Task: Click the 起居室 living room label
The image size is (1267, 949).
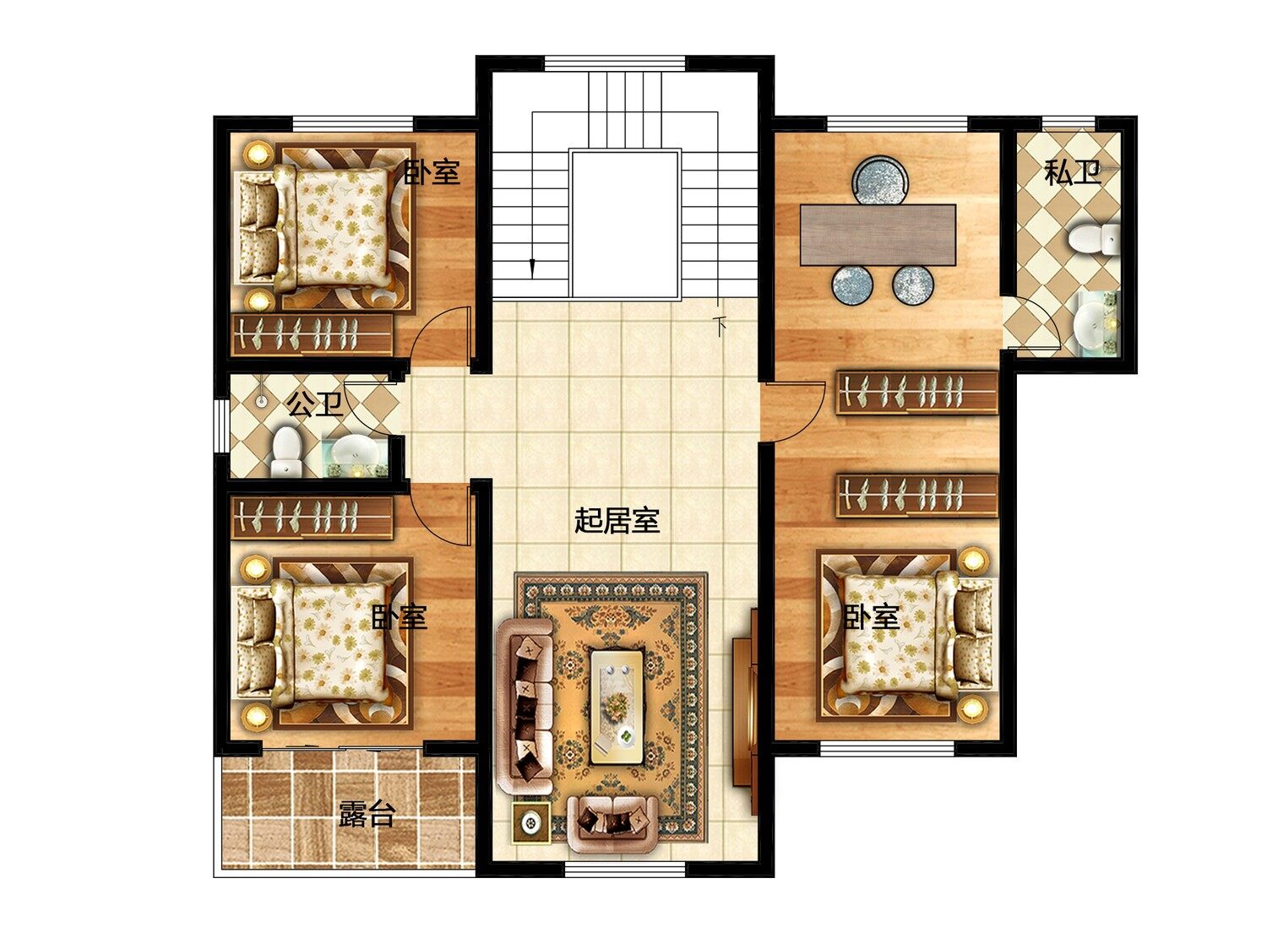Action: click(617, 522)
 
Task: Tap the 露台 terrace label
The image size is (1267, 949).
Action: click(367, 814)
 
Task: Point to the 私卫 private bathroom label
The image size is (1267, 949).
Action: click(1073, 171)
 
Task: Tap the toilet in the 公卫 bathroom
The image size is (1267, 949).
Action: click(287, 451)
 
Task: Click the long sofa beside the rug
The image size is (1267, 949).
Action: click(525, 706)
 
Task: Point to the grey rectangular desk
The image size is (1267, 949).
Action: click(878, 235)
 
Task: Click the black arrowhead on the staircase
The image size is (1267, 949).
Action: click(532, 268)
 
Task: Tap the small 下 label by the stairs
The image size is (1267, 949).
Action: click(720, 327)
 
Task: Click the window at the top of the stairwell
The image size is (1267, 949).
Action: click(615, 62)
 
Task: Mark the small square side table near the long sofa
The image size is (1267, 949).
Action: click(530, 823)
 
